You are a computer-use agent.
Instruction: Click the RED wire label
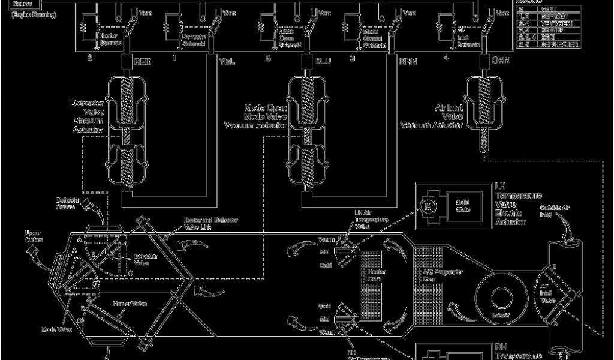pos(143,62)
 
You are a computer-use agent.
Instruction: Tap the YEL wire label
pos(227,62)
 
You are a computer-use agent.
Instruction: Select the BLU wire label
pos(322,62)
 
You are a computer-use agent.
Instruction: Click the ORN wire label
pos(501,62)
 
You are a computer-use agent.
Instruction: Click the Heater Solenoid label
pos(108,40)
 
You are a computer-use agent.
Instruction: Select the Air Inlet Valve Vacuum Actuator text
pos(432,117)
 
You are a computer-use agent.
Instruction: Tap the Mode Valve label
pos(57,329)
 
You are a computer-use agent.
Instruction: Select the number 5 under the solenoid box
pos(268,58)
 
